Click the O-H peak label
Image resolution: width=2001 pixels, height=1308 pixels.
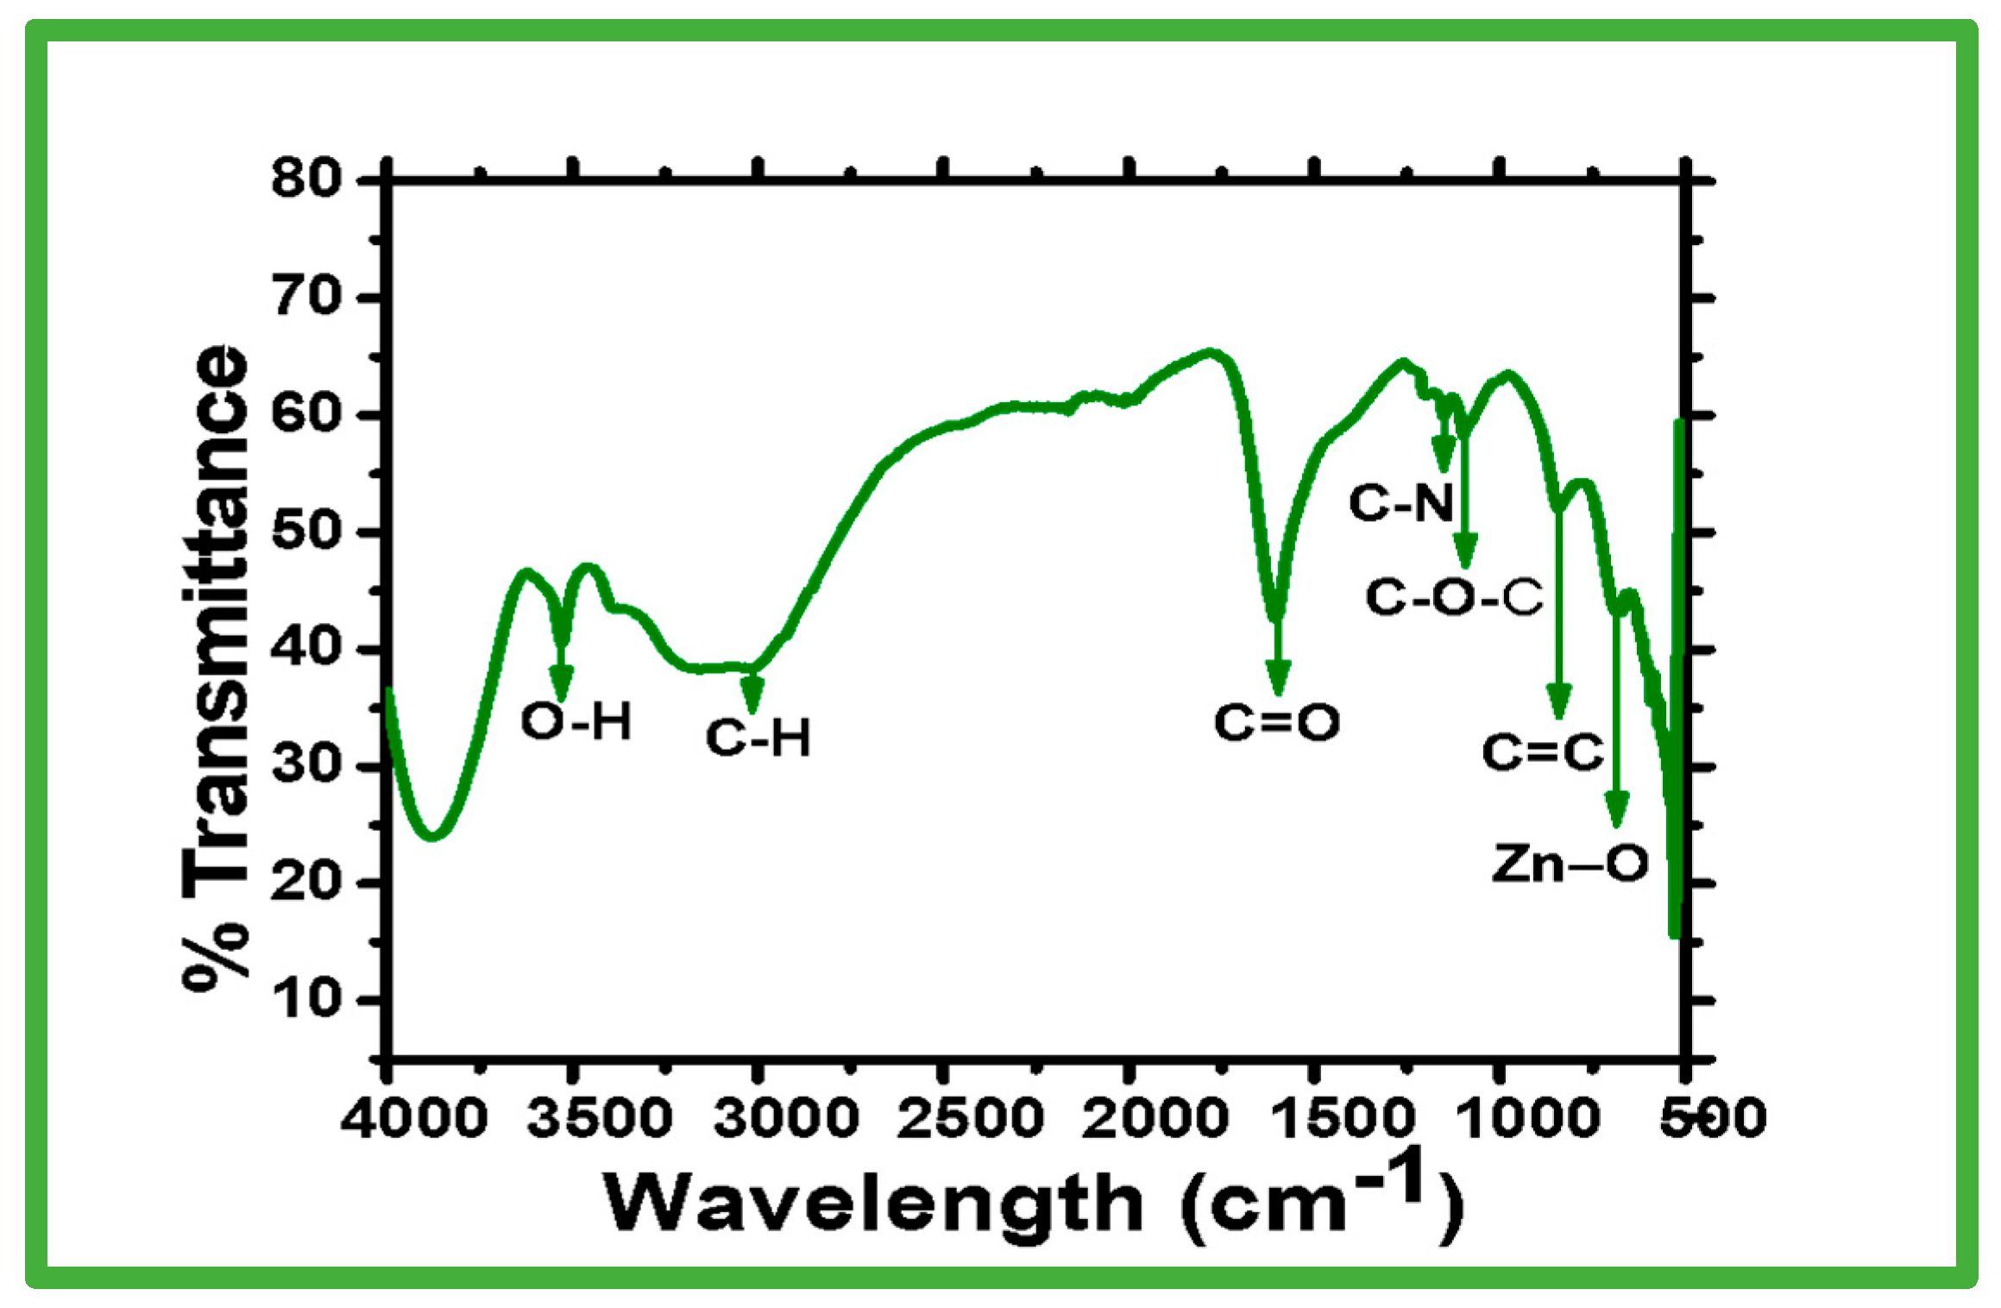point(576,720)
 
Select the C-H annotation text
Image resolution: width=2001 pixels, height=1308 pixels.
point(758,738)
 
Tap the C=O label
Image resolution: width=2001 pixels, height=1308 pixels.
point(1276,722)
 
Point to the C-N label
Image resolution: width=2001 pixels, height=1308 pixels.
point(1401,502)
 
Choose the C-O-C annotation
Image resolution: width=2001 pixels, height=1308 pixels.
point(1454,597)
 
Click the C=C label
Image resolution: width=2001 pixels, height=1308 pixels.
point(1543,751)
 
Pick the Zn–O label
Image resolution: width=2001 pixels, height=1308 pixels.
point(1570,863)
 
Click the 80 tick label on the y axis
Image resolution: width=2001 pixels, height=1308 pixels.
point(306,179)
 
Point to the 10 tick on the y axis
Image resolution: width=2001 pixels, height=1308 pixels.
point(306,999)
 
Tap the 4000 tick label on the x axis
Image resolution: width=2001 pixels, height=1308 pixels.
point(414,1118)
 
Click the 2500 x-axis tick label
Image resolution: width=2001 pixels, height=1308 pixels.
point(970,1118)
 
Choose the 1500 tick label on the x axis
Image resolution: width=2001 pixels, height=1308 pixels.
point(1343,1118)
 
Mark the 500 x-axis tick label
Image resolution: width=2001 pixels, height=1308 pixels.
point(1714,1118)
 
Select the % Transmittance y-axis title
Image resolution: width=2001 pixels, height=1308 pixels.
point(216,669)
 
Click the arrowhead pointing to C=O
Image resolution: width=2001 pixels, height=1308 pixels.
point(1278,677)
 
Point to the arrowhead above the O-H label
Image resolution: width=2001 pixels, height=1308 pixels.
point(562,683)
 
